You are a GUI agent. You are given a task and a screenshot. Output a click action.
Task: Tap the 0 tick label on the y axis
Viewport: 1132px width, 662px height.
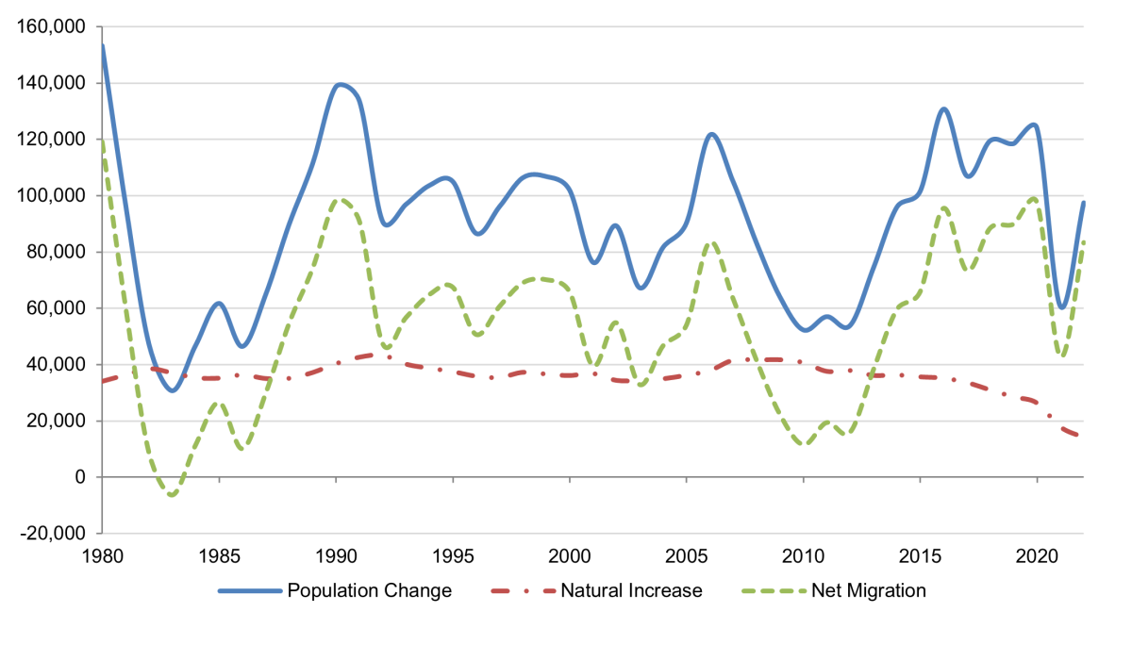pyautogui.click(x=80, y=477)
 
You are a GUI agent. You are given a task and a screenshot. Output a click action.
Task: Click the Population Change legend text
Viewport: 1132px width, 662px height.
pyautogui.click(x=369, y=591)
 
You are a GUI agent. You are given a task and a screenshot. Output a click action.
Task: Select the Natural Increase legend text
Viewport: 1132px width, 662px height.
pyautogui.click(x=631, y=591)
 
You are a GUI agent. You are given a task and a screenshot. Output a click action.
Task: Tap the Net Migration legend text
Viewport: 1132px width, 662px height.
pyautogui.click(x=869, y=591)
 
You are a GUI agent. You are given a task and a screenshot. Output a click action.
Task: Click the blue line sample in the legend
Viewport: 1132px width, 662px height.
pyautogui.click(x=250, y=591)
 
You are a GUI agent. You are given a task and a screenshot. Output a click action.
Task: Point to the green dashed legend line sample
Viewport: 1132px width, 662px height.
pyautogui.click(x=776, y=591)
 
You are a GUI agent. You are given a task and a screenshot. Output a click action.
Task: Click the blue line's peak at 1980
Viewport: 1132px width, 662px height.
pyautogui.click(x=103, y=45)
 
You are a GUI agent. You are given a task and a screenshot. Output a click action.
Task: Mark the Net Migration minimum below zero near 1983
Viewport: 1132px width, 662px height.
pyautogui.click(x=172, y=495)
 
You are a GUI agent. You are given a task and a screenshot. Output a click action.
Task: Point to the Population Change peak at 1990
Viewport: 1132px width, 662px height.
pyautogui.click(x=338, y=85)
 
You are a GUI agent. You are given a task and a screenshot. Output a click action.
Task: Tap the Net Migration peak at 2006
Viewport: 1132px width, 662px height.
pyautogui.click(x=710, y=243)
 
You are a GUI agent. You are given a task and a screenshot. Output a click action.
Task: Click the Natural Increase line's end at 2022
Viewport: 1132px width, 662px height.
pyautogui.click(x=1082, y=436)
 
